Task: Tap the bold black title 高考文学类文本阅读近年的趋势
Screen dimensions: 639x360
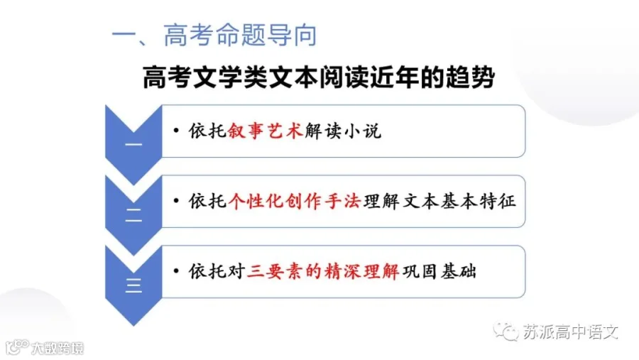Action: tap(319, 77)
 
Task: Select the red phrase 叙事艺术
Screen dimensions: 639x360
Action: tap(266, 131)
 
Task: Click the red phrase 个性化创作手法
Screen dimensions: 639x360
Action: tap(295, 201)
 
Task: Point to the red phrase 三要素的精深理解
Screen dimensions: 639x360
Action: tap(323, 271)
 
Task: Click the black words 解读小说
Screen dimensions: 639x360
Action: tap(343, 131)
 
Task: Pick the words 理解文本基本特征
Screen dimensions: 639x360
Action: tap(439, 201)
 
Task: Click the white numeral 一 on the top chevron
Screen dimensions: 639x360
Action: tap(133, 145)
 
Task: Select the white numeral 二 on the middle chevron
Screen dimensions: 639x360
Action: tap(133, 215)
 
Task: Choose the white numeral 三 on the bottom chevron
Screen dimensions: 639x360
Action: tap(133, 285)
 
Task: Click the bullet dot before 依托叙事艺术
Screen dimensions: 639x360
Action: tap(176, 131)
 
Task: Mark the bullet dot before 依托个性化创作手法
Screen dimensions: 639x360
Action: tap(176, 201)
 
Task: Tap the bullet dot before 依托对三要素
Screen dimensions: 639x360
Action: tap(176, 271)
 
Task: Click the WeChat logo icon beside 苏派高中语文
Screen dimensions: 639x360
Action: tap(506, 332)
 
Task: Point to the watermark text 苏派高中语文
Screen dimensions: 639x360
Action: tap(571, 332)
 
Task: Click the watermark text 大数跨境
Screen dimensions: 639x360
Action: tap(58, 348)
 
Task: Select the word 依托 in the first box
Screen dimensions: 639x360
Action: tap(207, 131)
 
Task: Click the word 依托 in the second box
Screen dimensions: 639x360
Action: tap(207, 201)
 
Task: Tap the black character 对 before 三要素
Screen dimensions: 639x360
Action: tap(236, 271)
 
